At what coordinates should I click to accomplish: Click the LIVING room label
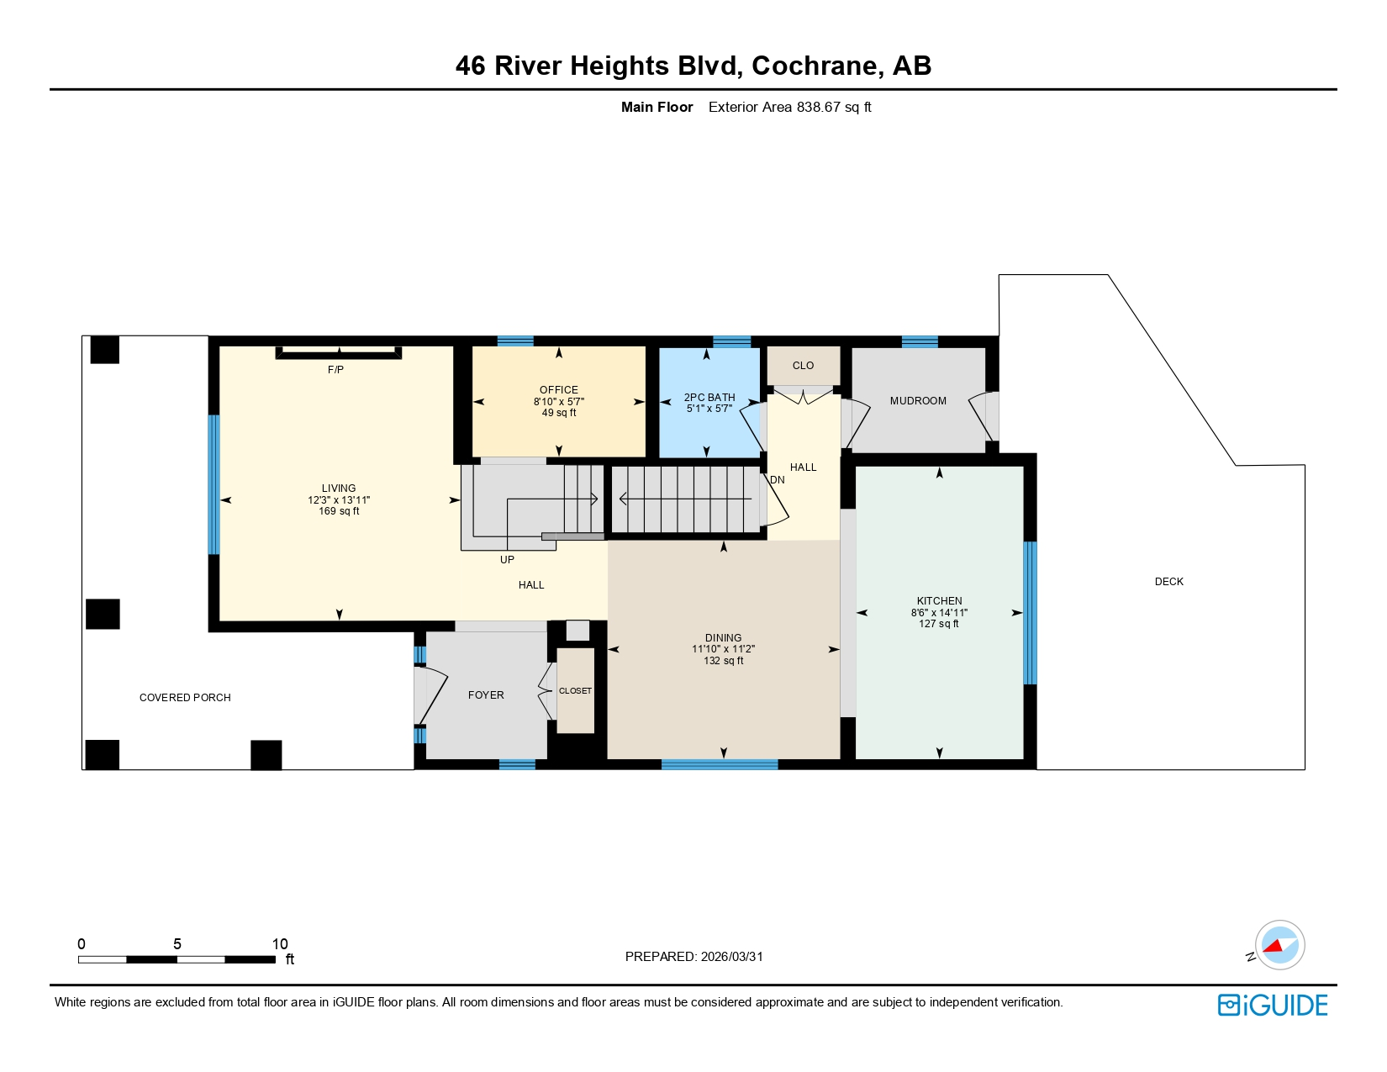pos(339,488)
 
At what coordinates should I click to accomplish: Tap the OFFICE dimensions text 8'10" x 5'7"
pos(559,402)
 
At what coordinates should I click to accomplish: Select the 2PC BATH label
pos(709,397)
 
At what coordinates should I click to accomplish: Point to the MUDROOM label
pos(918,401)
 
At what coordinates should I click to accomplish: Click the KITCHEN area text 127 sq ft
pos(939,624)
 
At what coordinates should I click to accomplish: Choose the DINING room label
pos(723,637)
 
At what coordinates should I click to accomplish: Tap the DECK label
pos(1168,582)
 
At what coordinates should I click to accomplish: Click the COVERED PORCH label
pos(185,698)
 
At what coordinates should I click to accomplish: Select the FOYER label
pos(486,695)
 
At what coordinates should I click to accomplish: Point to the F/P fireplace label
pos(335,370)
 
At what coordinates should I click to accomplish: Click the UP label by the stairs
pos(507,560)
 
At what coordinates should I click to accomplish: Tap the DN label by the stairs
pos(778,480)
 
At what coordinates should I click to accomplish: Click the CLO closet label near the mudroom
pos(803,366)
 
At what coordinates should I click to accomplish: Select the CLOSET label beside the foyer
pos(575,691)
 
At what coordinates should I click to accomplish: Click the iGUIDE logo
pos(1273,1006)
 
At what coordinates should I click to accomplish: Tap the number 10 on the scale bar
pos(280,944)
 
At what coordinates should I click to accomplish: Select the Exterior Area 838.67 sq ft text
pos(789,107)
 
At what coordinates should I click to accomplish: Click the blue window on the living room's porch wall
pos(214,484)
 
